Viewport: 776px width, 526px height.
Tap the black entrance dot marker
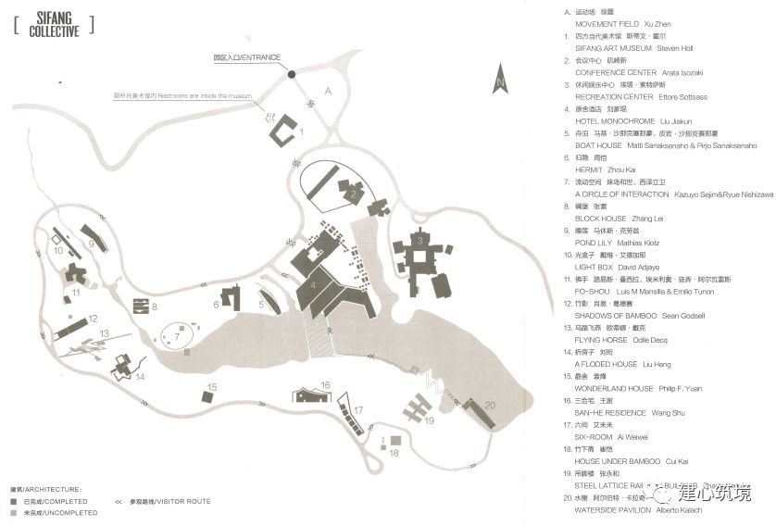point(291,74)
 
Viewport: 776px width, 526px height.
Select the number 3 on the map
point(419,241)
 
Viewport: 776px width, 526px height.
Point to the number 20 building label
point(490,404)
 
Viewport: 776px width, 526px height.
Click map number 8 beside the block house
point(155,306)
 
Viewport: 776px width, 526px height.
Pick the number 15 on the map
point(212,387)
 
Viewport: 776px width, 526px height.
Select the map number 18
point(394,453)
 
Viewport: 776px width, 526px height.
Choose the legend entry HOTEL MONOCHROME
point(615,121)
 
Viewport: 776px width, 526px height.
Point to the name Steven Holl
point(673,47)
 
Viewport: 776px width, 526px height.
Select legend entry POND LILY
point(595,243)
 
